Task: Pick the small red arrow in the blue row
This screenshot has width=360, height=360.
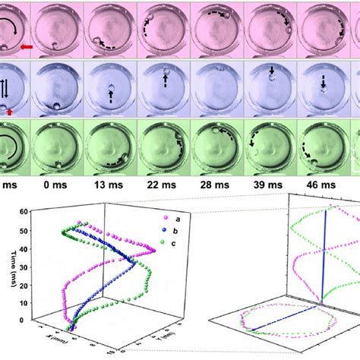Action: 10,112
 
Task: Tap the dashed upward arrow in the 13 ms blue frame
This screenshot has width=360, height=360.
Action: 110,97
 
